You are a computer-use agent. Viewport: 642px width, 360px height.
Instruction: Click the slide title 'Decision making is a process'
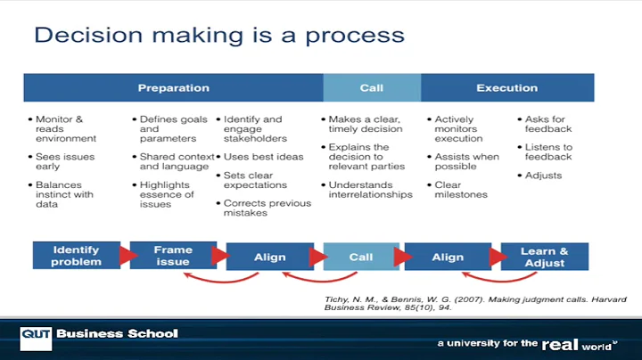[x=218, y=36]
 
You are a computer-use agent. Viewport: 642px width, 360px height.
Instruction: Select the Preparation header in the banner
[x=173, y=88]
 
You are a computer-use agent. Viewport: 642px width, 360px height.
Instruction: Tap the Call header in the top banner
[x=371, y=88]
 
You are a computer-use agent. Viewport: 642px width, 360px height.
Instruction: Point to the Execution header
[x=506, y=88]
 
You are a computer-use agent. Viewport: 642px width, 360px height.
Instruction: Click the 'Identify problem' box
[x=75, y=256]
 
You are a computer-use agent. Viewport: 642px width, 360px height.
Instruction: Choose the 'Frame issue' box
[x=173, y=256]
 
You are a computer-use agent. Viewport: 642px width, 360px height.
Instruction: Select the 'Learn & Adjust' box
[x=544, y=257]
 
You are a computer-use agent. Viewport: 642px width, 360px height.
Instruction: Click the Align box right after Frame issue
[x=269, y=257]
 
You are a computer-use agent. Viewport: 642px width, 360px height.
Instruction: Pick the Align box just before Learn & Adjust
[x=448, y=257]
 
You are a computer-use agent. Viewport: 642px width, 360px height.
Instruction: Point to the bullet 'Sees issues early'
[x=64, y=161]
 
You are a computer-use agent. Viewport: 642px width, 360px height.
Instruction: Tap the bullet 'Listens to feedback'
[x=547, y=151]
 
